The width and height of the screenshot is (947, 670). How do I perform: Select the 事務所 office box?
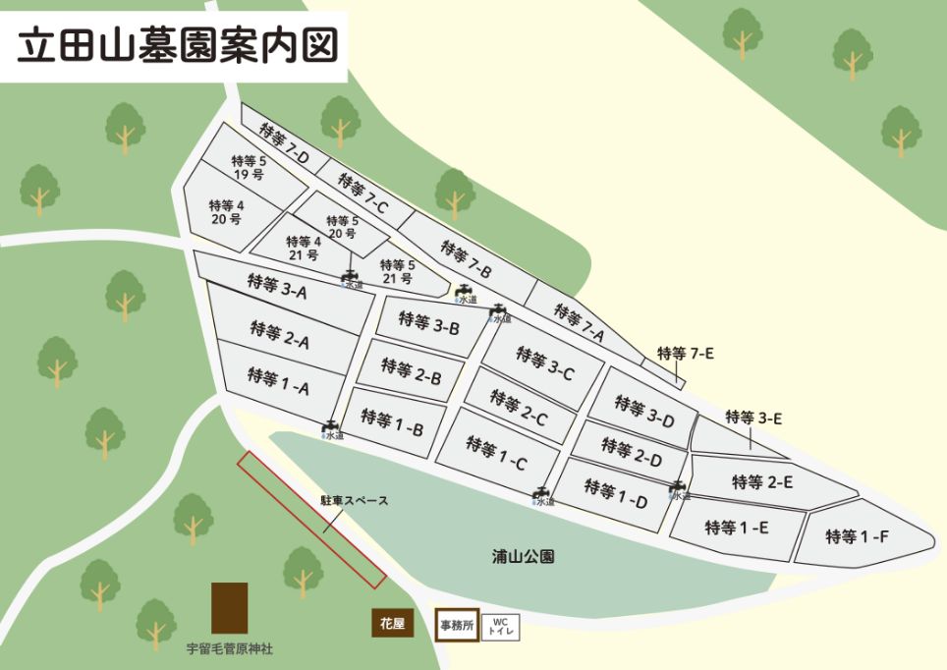click(x=457, y=624)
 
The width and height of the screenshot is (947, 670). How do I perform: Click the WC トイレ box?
click(x=500, y=627)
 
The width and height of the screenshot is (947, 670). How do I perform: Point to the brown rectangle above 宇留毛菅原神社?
click(x=229, y=608)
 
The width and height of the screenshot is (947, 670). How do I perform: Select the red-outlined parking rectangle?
click(x=309, y=521)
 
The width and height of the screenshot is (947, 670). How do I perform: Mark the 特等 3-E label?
click(x=753, y=418)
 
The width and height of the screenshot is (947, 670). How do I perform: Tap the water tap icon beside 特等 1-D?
click(x=677, y=487)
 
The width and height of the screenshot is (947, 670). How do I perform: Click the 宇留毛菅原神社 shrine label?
click(x=230, y=649)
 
